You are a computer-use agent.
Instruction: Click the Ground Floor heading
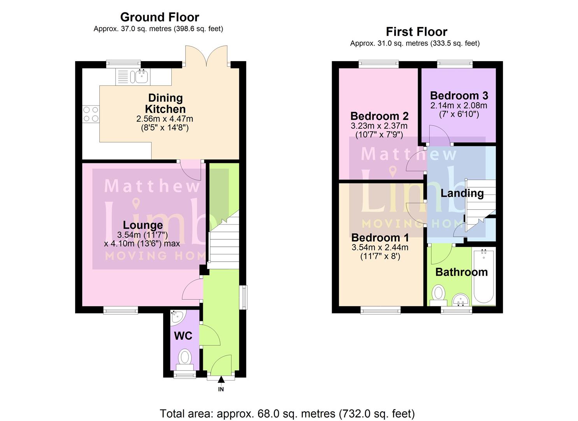tap(160, 17)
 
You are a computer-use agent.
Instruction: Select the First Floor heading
tap(416, 32)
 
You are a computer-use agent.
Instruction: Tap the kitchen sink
tap(142, 76)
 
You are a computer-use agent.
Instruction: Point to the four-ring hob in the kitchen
tap(91, 114)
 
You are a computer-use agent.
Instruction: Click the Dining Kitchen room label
tap(165, 104)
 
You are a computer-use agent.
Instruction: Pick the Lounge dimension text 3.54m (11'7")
tap(142, 235)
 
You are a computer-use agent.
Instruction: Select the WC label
tap(183, 336)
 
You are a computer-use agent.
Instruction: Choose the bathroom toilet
tap(439, 294)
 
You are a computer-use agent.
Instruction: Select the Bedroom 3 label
tap(459, 96)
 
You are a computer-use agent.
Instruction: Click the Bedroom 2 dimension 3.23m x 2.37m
tap(379, 126)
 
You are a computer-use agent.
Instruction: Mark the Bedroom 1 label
tap(380, 238)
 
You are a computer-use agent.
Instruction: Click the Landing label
tap(462, 193)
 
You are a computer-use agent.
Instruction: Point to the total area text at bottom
tap(287, 414)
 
